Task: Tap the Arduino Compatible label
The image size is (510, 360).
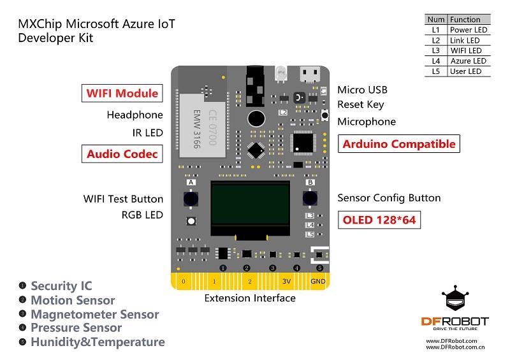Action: tap(399, 143)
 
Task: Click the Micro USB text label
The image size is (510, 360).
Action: tap(362, 90)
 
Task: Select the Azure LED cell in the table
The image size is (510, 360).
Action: tap(468, 61)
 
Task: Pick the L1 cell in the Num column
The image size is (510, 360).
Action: tap(435, 29)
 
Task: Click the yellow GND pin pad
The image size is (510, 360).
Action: tap(318, 281)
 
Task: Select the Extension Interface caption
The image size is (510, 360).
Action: tap(249, 298)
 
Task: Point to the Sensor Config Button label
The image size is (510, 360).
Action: tap(389, 198)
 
